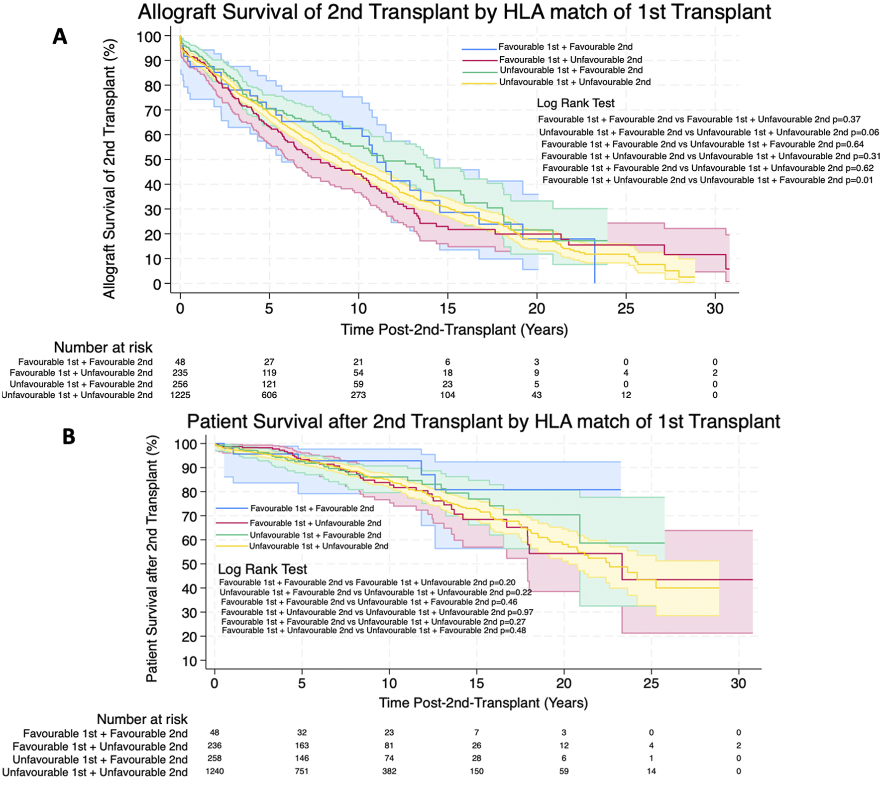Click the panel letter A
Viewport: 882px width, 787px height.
(60, 37)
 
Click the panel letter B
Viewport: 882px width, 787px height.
(69, 437)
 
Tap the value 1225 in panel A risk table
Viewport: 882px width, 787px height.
(180, 395)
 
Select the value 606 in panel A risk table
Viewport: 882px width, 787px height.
(269, 395)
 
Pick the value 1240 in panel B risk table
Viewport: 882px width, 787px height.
(215, 771)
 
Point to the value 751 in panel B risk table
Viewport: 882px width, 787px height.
(302, 771)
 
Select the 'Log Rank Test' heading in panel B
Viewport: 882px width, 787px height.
(262, 569)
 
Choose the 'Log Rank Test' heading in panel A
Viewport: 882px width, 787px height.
(575, 104)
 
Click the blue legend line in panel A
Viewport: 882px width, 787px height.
(479, 49)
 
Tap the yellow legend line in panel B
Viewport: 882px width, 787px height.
(231, 547)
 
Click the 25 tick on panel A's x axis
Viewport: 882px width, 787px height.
(626, 309)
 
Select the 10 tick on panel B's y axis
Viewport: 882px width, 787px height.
(191, 661)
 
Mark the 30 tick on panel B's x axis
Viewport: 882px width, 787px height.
(738, 683)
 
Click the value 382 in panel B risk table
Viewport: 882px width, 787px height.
(389, 771)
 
